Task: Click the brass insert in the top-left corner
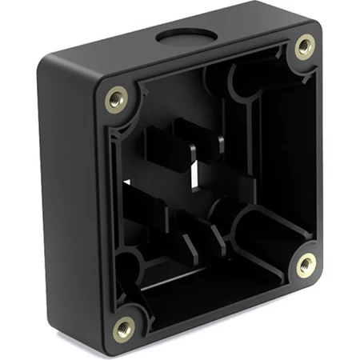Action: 117,99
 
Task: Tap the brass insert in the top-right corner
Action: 304,46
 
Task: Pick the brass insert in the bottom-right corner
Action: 306,265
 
